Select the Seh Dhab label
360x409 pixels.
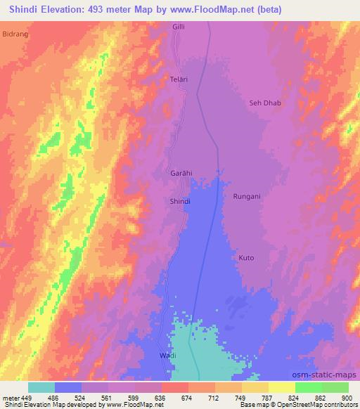[x=265, y=103]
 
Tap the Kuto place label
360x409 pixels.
[x=246, y=258]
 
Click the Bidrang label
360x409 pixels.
[x=14, y=33]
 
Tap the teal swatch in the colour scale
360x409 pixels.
[x=41, y=387]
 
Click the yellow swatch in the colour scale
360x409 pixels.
[x=281, y=387]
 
